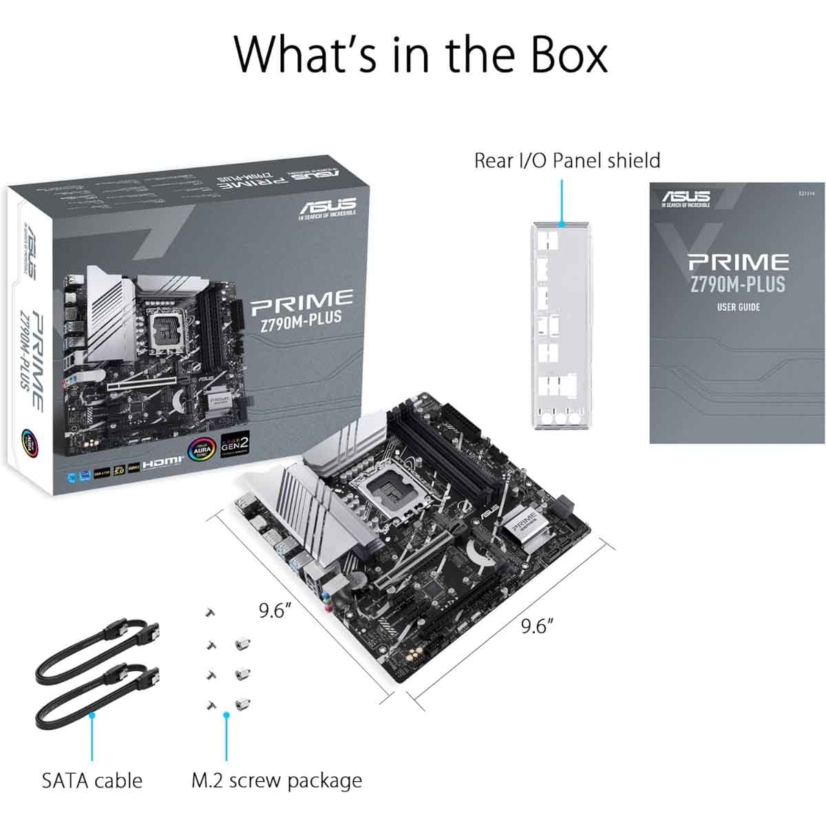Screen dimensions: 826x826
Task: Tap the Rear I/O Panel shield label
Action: click(566, 160)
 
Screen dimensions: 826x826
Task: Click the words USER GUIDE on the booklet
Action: click(738, 307)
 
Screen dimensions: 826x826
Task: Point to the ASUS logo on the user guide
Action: click(686, 198)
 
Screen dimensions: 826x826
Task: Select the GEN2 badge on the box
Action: click(234, 448)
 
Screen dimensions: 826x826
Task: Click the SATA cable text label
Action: click(92, 781)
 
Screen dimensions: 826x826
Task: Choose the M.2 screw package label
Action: click(276, 781)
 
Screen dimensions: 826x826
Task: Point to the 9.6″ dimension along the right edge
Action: click(537, 626)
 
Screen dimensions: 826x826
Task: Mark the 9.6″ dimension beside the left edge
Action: click(275, 611)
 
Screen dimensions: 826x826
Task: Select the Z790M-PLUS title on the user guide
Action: click(737, 284)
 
